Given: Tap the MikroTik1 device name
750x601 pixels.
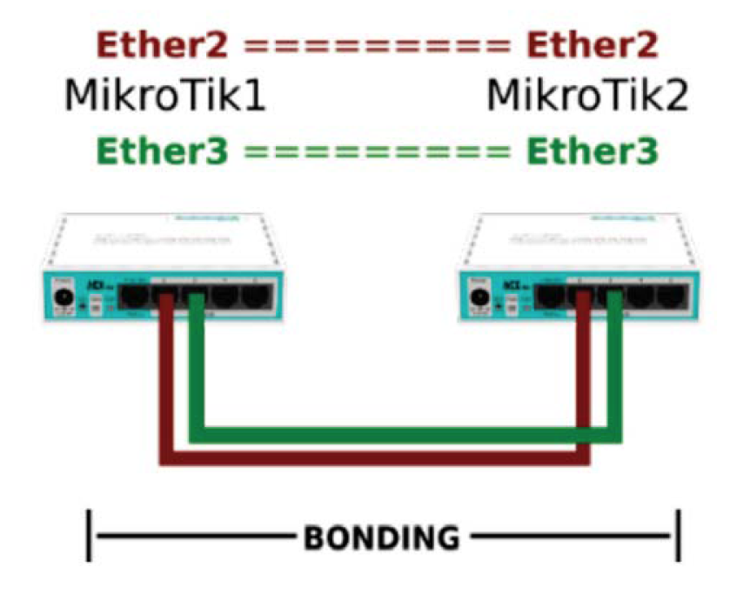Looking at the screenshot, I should [164, 96].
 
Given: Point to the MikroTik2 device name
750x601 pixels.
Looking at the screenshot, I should [587, 96].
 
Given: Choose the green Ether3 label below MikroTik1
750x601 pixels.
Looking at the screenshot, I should [163, 151].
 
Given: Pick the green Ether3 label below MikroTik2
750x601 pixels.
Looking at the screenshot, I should [593, 151].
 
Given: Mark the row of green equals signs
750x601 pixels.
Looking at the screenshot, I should [377, 152].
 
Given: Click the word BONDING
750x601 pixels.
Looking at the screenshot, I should [381, 537].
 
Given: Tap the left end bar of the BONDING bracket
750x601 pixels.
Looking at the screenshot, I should [90, 536].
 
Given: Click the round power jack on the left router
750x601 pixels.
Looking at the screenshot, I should [63, 299].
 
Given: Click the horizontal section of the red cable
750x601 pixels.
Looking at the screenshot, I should [374, 456].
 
